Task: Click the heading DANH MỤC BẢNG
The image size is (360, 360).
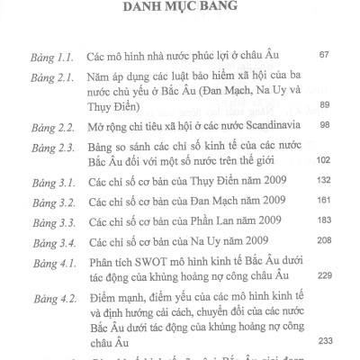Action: (180, 12)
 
